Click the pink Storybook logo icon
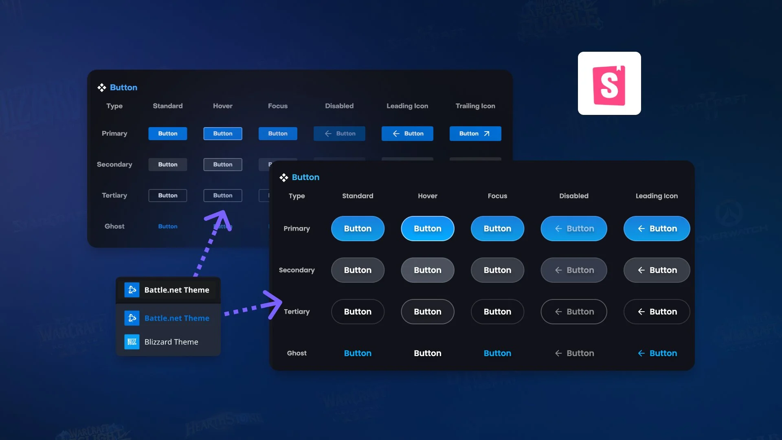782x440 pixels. (x=609, y=84)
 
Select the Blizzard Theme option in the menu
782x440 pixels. (x=171, y=342)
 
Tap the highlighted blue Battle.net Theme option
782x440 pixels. (x=176, y=318)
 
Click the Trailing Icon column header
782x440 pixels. (x=475, y=106)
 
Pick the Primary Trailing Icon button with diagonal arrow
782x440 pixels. (x=475, y=134)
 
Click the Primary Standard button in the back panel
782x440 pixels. (x=167, y=134)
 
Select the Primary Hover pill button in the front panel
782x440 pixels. (x=427, y=229)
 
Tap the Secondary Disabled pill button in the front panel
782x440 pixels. (x=573, y=270)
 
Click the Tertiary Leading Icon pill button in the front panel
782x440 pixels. (x=657, y=312)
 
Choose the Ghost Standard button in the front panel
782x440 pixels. (x=357, y=353)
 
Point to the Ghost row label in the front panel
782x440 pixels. (x=297, y=353)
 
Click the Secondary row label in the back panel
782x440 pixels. (x=114, y=165)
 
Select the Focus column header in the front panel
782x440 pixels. (x=497, y=196)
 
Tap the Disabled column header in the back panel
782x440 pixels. (x=339, y=106)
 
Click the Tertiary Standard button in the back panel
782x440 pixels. (x=167, y=196)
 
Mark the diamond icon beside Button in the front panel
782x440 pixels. (x=284, y=178)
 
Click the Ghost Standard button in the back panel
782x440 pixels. (x=167, y=227)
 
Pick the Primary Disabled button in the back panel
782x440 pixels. (x=339, y=134)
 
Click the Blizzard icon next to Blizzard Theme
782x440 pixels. (x=132, y=342)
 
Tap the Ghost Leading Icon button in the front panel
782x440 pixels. (x=657, y=353)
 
